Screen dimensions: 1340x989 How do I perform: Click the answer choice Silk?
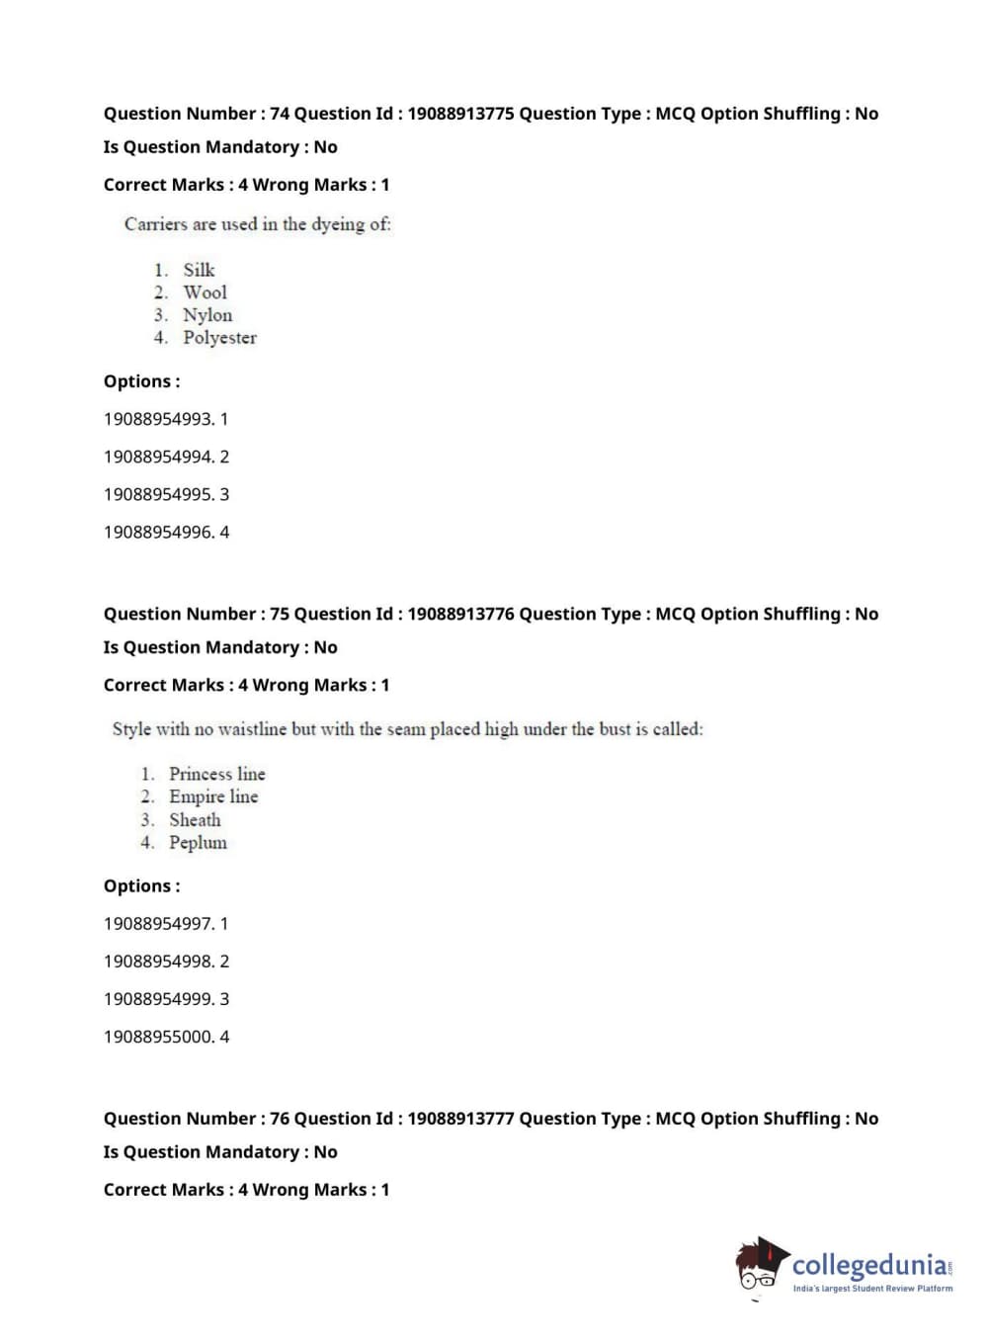click(199, 270)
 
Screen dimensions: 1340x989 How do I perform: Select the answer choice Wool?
click(205, 293)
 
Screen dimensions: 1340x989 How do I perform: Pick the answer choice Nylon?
click(207, 315)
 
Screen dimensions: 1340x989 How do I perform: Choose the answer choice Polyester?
click(219, 338)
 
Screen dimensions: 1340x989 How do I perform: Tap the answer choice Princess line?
click(216, 774)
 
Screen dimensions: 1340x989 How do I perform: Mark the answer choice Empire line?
click(213, 796)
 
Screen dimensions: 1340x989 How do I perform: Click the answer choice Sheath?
click(195, 820)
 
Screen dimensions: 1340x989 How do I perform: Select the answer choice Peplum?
click(198, 843)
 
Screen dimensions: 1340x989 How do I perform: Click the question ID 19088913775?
click(460, 114)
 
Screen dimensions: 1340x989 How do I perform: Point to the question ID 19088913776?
click(460, 614)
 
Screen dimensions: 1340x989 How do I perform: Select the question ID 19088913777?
click(460, 1119)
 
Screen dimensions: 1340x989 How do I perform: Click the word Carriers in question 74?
click(155, 224)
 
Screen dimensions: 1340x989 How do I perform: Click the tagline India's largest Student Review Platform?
click(872, 1289)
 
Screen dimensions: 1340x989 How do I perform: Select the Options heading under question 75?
click(141, 886)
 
